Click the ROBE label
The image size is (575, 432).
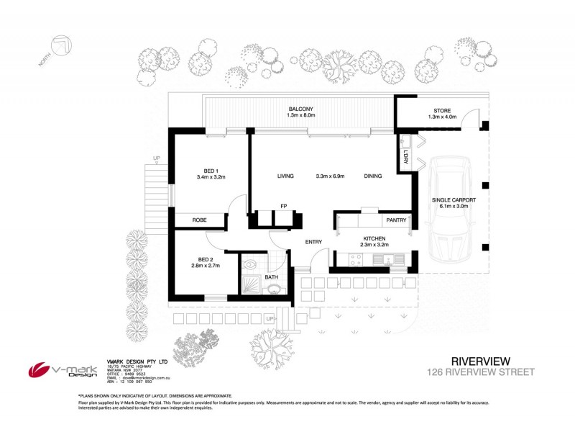[x=199, y=220]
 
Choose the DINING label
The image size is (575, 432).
[x=372, y=176]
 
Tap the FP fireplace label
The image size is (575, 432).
[x=284, y=205]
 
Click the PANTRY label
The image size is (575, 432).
[x=396, y=220]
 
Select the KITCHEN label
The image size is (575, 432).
[x=374, y=238]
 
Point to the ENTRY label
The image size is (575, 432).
[x=313, y=242]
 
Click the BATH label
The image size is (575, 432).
[x=271, y=276]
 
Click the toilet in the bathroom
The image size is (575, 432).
[x=274, y=290]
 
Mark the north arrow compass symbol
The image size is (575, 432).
[x=58, y=48]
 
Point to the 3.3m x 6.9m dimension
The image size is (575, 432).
[x=330, y=176]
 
